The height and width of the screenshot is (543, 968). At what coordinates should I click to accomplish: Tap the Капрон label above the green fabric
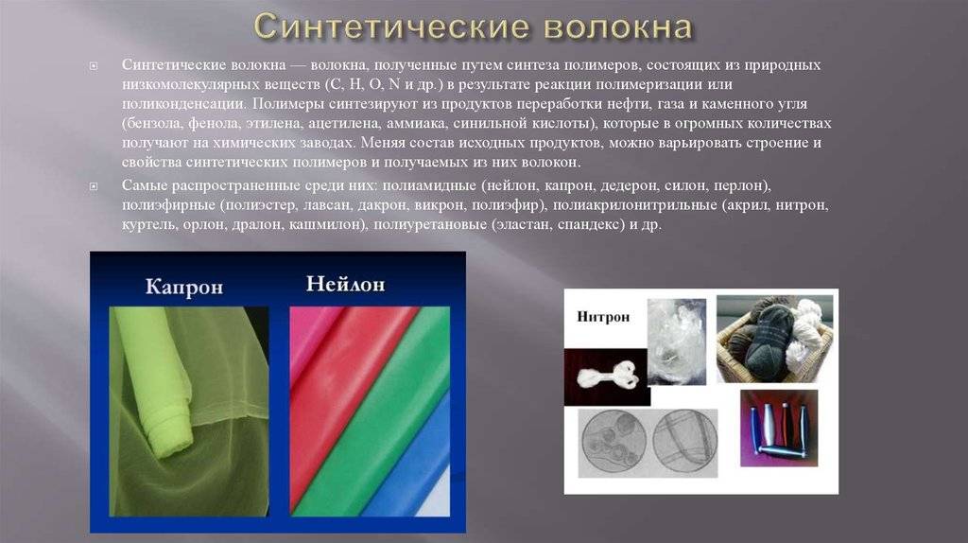(x=184, y=287)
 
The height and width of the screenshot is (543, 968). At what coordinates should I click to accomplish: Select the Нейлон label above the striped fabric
(x=346, y=284)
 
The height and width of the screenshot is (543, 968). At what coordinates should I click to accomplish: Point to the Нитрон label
(x=603, y=317)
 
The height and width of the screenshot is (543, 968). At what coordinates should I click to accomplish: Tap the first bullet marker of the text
(x=94, y=65)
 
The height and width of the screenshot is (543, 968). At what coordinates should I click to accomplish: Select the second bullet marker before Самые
(x=94, y=186)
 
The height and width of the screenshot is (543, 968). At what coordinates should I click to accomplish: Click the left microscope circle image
(x=614, y=443)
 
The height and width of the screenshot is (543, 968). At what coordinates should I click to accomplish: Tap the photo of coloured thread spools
(x=779, y=428)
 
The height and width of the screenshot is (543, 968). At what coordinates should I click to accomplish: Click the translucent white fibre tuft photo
(x=677, y=341)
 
